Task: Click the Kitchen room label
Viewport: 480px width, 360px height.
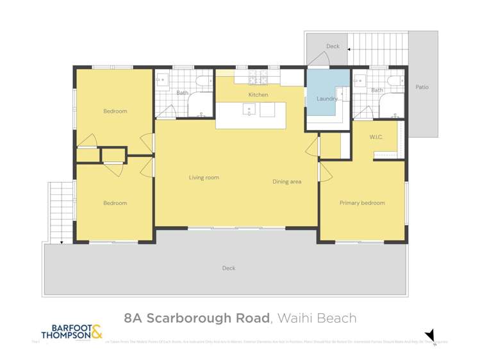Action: [x=258, y=95]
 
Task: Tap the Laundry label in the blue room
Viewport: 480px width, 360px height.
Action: [x=327, y=99]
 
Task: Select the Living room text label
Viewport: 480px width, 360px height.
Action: [x=204, y=177]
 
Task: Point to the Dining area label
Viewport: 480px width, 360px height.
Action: [x=286, y=182]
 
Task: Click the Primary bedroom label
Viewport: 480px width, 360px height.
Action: [x=362, y=203]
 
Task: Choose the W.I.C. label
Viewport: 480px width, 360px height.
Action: [x=376, y=138]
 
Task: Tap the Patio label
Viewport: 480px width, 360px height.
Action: [x=421, y=87]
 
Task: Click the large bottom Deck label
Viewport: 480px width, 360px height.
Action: [x=229, y=268]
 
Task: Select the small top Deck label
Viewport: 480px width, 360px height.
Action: [x=333, y=46]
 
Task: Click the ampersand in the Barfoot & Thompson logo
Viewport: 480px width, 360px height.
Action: [x=96, y=331]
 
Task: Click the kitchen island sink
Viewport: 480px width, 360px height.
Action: [x=250, y=110]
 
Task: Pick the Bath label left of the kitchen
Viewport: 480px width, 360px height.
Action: [x=183, y=93]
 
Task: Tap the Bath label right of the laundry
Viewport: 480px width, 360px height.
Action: [x=377, y=90]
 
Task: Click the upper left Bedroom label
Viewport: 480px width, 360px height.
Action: [x=115, y=111]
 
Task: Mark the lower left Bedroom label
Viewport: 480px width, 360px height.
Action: [x=115, y=203]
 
